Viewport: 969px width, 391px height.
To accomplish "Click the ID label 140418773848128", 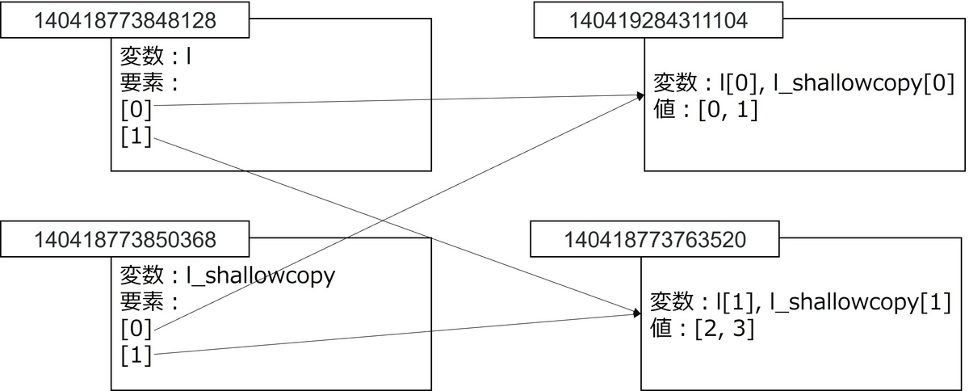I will (x=124, y=20).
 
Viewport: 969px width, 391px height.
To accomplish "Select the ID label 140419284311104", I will (x=658, y=20).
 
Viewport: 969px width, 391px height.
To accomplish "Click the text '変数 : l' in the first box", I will (x=155, y=58).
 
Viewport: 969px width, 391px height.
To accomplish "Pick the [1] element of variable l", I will (x=136, y=137).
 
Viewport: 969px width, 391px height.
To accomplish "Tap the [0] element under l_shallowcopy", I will (x=136, y=329).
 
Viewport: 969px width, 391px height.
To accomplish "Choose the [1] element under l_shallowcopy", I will (x=136, y=355).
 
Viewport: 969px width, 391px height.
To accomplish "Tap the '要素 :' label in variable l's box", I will (x=149, y=83).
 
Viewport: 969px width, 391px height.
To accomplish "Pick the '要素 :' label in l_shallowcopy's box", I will (x=149, y=301).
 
